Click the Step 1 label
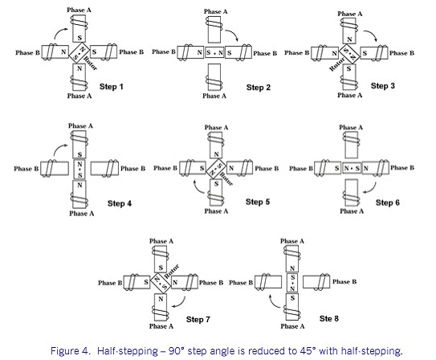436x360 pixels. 112,87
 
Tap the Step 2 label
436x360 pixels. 259,88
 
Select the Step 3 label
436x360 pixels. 383,86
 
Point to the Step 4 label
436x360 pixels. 120,203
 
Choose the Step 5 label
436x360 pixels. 258,202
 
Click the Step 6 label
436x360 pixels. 388,202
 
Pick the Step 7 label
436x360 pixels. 198,320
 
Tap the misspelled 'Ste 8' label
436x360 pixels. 329,319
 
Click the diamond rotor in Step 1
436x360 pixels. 79,53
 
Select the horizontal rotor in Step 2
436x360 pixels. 214,52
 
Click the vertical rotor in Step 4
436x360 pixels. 79,169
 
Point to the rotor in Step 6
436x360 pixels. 352,168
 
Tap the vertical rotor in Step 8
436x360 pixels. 292,284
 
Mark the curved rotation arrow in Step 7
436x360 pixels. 181,304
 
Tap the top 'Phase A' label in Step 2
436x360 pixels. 215,12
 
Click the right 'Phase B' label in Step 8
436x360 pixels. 344,282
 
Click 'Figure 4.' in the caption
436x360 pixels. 71,351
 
